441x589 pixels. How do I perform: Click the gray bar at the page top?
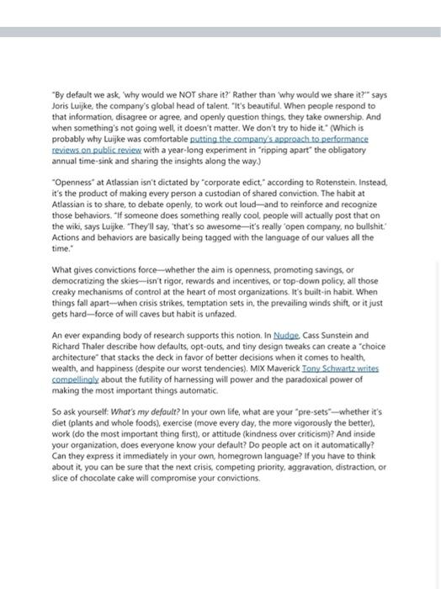point(220,32)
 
